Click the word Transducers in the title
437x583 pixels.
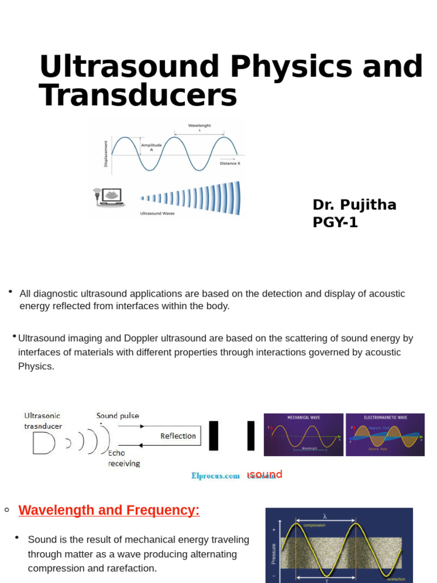click(x=138, y=95)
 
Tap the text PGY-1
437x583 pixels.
click(x=335, y=223)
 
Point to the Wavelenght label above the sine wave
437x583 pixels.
click(x=199, y=125)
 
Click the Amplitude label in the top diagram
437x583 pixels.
click(x=151, y=146)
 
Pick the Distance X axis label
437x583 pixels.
click(x=230, y=163)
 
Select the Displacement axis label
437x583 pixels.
click(x=106, y=153)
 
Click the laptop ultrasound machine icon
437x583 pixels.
click(x=109, y=196)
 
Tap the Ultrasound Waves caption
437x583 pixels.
click(x=158, y=214)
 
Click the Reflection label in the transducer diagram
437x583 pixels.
click(x=178, y=436)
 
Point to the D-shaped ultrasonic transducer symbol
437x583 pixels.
click(x=43, y=443)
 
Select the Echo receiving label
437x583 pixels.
click(x=123, y=458)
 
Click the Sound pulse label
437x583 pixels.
click(x=118, y=416)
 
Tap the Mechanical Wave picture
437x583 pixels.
click(x=303, y=434)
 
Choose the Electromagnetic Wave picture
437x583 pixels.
click(x=385, y=434)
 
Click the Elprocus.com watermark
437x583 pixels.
click(x=215, y=476)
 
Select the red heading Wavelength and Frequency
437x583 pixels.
click(x=109, y=510)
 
